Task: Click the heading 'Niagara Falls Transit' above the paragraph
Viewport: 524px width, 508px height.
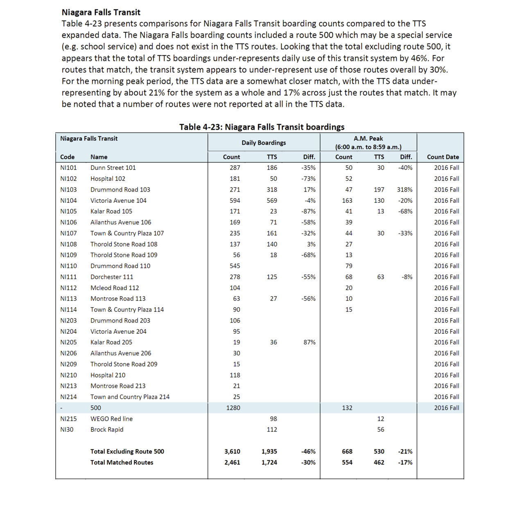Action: [x=101, y=12]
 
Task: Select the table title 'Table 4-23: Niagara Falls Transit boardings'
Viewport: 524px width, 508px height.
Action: [x=262, y=127]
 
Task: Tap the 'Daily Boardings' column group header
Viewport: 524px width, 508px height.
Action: [x=264, y=143]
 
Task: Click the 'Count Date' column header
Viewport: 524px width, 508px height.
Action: [x=443, y=157]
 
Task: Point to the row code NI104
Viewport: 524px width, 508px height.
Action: [x=68, y=200]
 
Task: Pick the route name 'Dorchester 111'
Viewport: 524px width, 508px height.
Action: [x=112, y=277]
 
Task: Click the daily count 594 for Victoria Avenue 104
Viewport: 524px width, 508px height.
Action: [x=235, y=200]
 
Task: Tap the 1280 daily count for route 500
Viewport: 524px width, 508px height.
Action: [x=233, y=408]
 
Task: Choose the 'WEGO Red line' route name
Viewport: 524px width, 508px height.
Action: [x=111, y=419]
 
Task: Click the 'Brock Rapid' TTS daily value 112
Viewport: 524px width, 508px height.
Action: [x=271, y=429]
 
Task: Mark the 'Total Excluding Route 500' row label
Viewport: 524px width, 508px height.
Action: [x=127, y=452]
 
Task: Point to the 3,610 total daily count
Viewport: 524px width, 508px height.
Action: [x=232, y=452]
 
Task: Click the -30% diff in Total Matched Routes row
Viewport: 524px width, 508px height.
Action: [x=308, y=463]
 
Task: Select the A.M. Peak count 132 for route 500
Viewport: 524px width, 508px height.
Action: [x=347, y=408]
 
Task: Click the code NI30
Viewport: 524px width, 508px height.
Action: [x=67, y=429]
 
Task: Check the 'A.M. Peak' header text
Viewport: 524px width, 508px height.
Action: [x=368, y=139]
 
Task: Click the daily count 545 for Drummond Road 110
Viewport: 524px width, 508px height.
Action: [x=235, y=266]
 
